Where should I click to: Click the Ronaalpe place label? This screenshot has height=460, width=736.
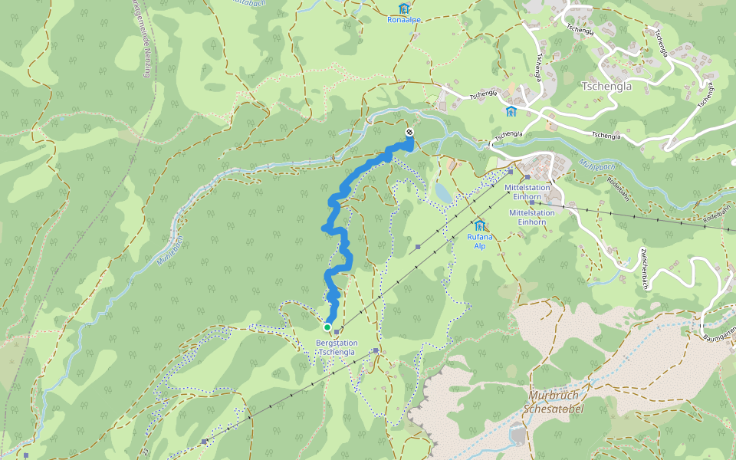[404, 19]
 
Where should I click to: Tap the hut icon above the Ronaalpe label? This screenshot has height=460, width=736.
[404, 8]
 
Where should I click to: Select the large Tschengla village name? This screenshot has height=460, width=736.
[606, 86]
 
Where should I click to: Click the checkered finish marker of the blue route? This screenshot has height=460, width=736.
[409, 133]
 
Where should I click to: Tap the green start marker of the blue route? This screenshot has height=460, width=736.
[327, 327]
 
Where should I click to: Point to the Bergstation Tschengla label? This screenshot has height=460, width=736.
[337, 347]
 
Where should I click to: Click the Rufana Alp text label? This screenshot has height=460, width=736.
[480, 242]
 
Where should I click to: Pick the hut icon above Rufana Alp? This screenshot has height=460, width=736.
[480, 225]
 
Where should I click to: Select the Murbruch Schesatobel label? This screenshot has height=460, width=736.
[554, 402]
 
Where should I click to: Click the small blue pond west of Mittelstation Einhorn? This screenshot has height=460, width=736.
[442, 192]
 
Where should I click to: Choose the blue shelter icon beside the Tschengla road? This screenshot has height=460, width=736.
[511, 112]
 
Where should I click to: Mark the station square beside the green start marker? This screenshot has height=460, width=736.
[337, 331]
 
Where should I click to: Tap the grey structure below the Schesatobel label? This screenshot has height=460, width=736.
[519, 435]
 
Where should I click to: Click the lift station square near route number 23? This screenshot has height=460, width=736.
[204, 442]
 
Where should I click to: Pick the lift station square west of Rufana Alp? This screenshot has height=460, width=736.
[418, 247]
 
